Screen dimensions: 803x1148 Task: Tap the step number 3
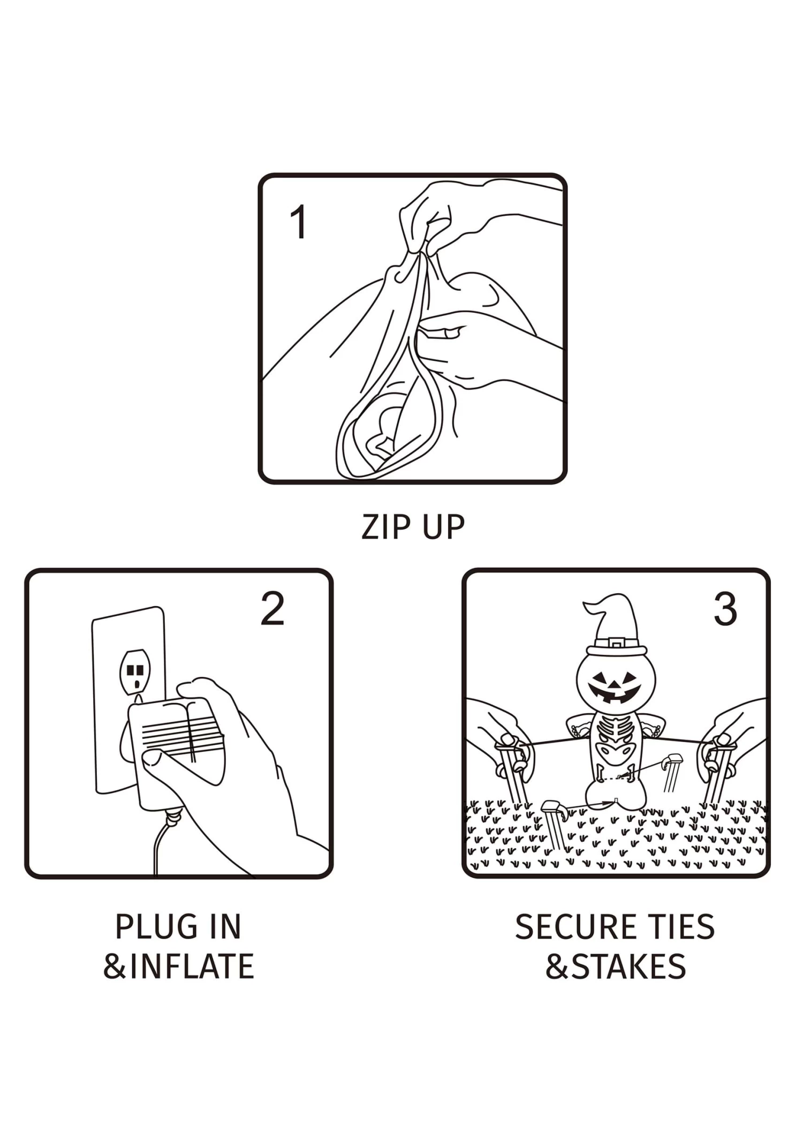coord(725,609)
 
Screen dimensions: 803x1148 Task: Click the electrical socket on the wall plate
coord(135,671)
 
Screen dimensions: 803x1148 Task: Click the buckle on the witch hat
coord(617,643)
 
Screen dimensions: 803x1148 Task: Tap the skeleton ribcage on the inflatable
coord(616,729)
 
